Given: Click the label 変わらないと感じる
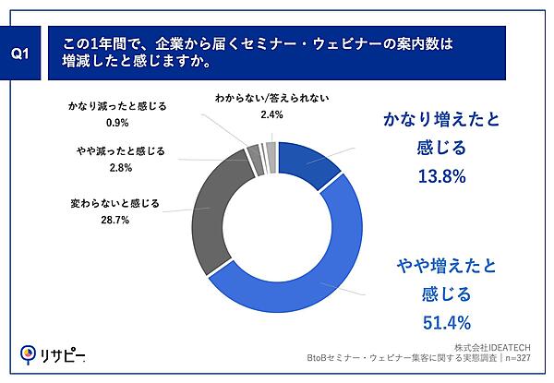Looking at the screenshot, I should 114,204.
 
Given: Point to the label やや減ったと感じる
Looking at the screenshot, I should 119,150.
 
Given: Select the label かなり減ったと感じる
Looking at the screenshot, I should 117,105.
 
